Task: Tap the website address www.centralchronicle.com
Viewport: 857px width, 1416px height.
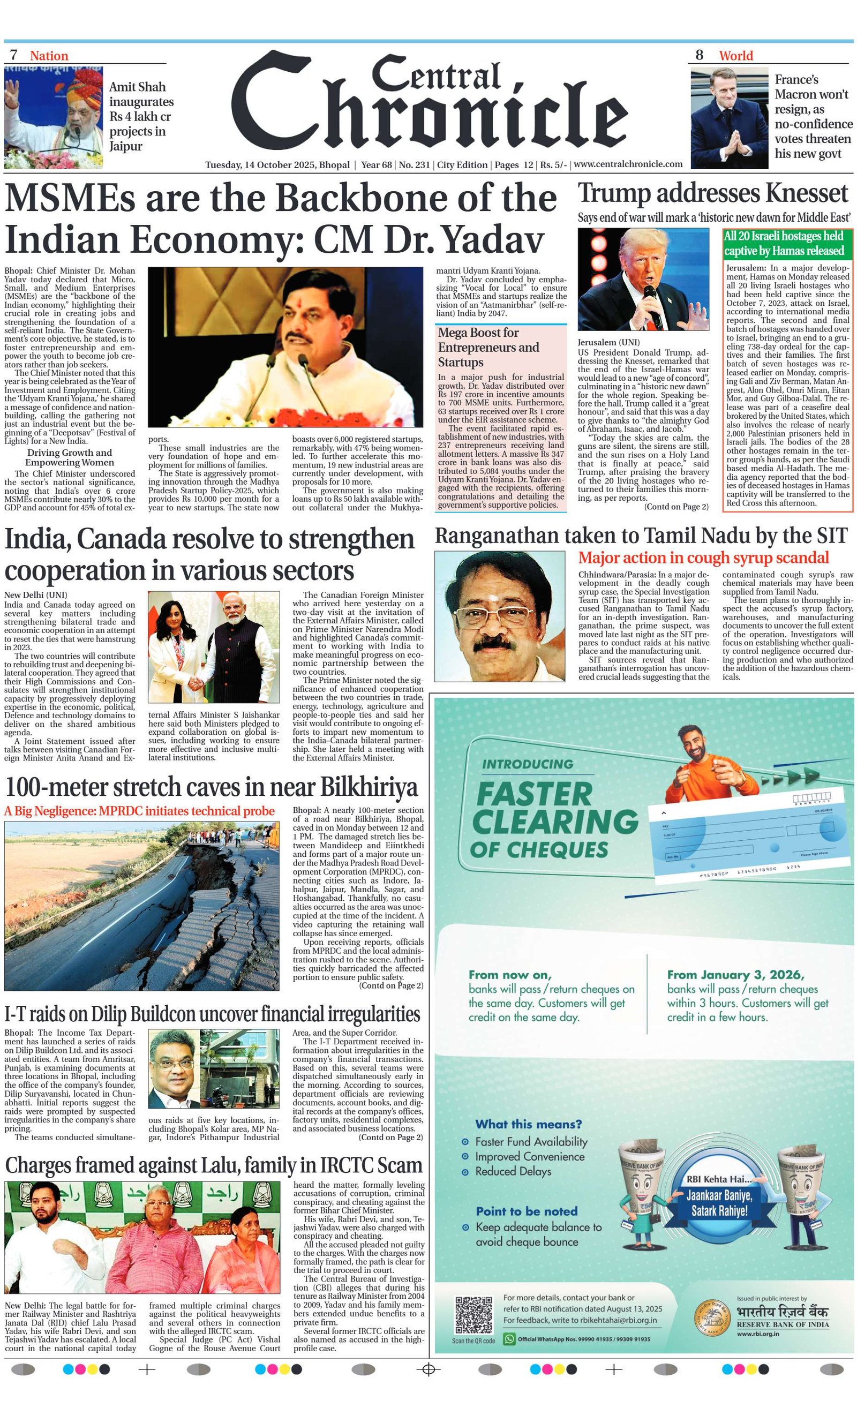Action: click(628, 164)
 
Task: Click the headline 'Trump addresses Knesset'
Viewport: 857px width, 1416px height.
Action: click(713, 194)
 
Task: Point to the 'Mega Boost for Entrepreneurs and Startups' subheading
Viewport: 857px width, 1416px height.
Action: click(488, 347)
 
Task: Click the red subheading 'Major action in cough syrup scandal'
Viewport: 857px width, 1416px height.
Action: click(703, 558)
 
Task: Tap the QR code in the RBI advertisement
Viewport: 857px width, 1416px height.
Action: click(473, 1315)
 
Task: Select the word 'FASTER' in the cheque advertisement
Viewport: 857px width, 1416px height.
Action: click(534, 795)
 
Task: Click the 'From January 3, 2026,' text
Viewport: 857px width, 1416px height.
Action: click(735, 975)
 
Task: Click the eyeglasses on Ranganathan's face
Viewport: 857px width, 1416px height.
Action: click(501, 613)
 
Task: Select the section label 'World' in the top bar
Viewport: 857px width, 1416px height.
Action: click(735, 56)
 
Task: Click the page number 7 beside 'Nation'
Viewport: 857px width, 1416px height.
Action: click(14, 55)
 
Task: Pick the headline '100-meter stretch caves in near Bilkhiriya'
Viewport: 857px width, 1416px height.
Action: click(211, 787)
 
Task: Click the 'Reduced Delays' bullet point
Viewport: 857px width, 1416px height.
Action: click(513, 1171)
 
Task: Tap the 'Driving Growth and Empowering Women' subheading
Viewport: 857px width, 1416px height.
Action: click(70, 457)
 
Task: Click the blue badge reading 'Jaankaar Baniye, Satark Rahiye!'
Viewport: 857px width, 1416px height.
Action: click(719, 1203)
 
